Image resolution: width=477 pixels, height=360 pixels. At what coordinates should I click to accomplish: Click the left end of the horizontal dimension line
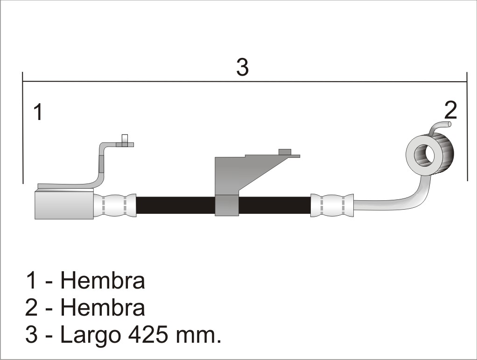click(23, 81)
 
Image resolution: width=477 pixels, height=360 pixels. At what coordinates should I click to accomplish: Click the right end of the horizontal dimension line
click(467, 82)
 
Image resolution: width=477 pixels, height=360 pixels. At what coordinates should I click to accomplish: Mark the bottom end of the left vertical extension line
click(23, 184)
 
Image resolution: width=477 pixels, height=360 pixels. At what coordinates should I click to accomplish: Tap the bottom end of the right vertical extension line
click(467, 180)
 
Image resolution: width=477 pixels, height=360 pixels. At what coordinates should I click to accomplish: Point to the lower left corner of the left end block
click(35, 219)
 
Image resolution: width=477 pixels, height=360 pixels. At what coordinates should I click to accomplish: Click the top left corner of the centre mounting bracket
click(215, 157)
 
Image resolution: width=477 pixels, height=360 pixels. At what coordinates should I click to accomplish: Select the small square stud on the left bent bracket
click(125, 139)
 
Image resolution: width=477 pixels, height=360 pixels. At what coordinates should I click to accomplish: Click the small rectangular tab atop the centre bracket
click(285, 152)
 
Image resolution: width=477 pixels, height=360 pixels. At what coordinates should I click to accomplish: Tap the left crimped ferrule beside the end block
click(115, 205)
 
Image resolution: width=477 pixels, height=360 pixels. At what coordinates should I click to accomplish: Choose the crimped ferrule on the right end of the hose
click(332, 205)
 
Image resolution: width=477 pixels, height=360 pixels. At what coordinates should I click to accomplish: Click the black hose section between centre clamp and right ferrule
click(274, 205)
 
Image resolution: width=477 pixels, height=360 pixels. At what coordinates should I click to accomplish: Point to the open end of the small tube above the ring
click(449, 124)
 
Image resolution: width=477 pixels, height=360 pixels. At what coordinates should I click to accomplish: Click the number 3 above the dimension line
click(242, 67)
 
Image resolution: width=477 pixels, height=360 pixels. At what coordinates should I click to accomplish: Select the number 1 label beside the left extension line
click(38, 112)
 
